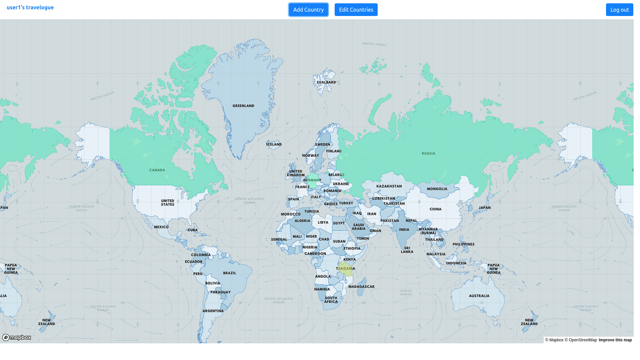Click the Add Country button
[x=308, y=10]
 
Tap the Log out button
[x=619, y=10]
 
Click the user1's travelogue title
[x=30, y=7]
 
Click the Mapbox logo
[x=17, y=338]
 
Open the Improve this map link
[x=615, y=340]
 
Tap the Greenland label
[x=243, y=106]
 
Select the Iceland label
[x=274, y=144]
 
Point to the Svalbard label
[x=326, y=82]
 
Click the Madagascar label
[x=361, y=287]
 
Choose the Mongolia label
[x=437, y=189]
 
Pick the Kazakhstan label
[x=389, y=186]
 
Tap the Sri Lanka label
[x=407, y=250]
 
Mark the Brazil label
[x=229, y=273]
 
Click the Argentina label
[x=213, y=311]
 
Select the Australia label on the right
[x=479, y=296]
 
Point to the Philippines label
[x=463, y=244]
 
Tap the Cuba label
[x=193, y=230]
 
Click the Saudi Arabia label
[x=359, y=227]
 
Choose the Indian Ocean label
[x=406, y=292]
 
